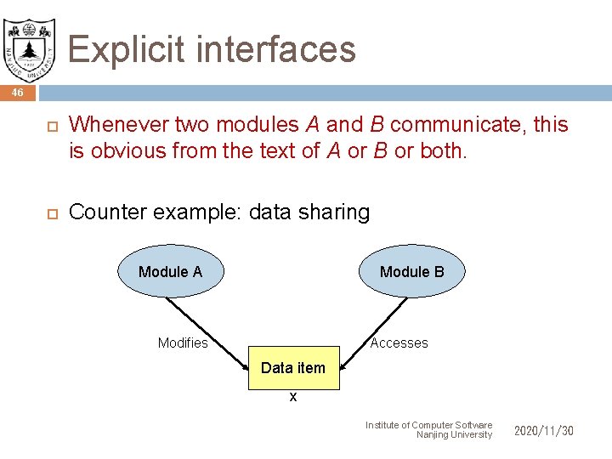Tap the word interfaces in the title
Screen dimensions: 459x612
281,49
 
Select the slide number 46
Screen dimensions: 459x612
18,92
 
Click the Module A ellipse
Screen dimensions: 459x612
170,271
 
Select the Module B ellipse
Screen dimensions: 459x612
411,271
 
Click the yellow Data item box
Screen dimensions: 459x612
293,368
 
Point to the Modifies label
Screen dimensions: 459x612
183,343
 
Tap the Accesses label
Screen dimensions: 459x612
399,343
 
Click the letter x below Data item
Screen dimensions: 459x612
293,397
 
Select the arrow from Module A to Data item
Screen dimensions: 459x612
208,322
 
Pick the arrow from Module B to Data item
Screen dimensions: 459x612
374,323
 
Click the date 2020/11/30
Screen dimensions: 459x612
544,431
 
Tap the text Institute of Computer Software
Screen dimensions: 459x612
428,425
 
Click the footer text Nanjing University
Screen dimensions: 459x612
454,435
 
